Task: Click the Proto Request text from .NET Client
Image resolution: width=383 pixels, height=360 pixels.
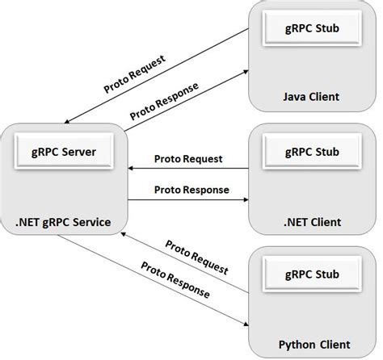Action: coord(189,159)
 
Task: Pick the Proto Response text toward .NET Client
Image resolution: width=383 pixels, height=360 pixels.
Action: coord(189,191)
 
